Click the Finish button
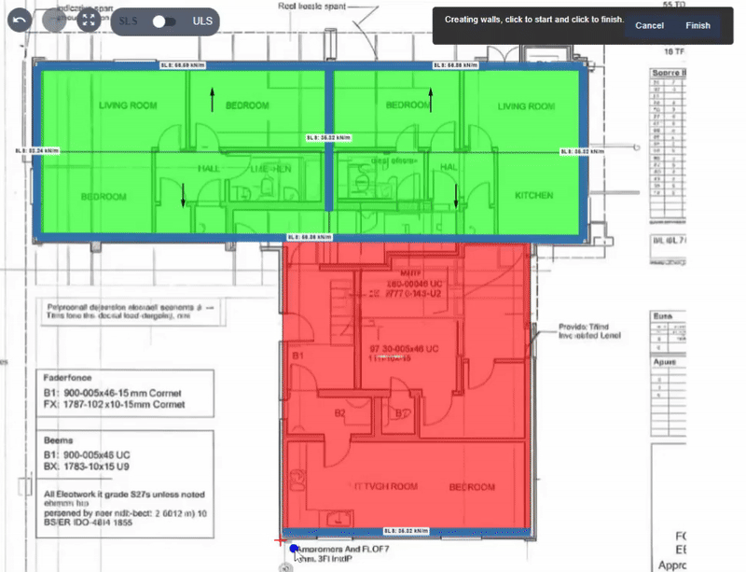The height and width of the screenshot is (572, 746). coord(698,25)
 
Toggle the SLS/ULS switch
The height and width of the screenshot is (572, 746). coord(165,21)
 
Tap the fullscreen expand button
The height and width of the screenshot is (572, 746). coord(89,21)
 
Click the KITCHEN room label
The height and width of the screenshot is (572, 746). coord(534,196)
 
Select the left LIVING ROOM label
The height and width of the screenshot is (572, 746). coord(127,106)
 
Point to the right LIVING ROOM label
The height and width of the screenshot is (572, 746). coord(525,107)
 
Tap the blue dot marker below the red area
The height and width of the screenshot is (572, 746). coord(294,550)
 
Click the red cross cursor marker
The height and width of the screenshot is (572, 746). coord(280,539)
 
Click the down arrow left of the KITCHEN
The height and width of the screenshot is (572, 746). coord(456,196)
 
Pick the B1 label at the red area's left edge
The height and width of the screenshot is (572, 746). coord(298,356)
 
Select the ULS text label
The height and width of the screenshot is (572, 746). coord(202,21)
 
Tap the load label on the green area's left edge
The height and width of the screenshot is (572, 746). coord(36,150)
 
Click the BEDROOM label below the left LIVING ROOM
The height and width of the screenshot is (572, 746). coord(104,197)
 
